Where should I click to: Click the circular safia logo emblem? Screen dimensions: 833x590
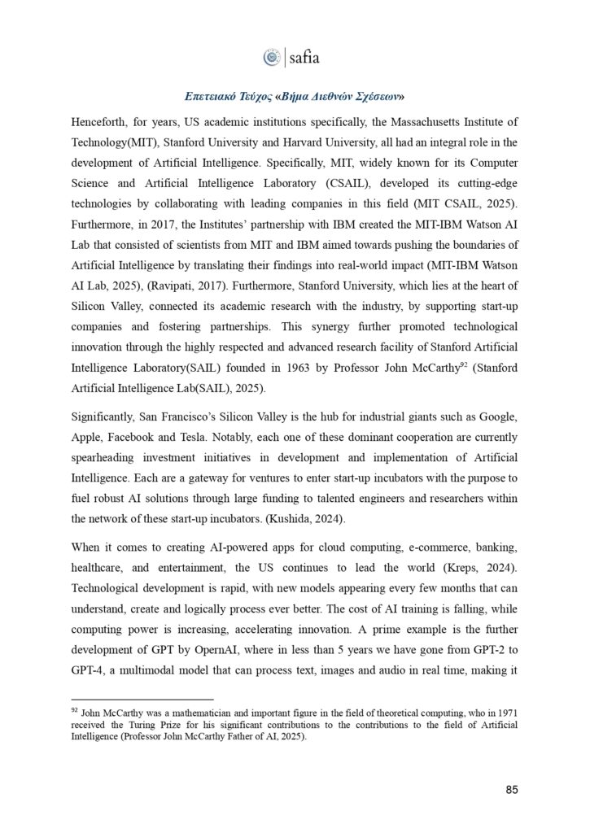[272, 57]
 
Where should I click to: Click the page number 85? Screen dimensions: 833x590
[512, 789]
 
